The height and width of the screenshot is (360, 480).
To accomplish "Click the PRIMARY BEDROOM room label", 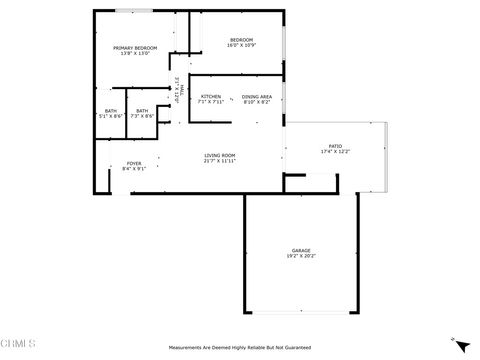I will [x=135, y=47].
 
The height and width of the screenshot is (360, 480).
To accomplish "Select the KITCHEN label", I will [x=211, y=96].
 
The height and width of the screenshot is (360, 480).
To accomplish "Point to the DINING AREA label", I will [x=257, y=96].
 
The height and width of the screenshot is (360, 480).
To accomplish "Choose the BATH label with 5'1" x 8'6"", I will [x=110, y=111].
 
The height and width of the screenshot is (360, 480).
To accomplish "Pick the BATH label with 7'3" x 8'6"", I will [x=142, y=111].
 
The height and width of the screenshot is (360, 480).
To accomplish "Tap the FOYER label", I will [x=133, y=163].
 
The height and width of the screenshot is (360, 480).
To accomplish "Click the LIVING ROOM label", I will [x=220, y=154].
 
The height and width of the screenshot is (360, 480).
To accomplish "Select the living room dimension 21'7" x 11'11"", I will [x=220, y=160].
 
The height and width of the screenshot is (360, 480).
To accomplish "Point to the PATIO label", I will [x=335, y=146].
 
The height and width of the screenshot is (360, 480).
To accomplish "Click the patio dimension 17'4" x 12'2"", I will [x=335, y=152].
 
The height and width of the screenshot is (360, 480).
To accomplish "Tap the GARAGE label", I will [x=300, y=250].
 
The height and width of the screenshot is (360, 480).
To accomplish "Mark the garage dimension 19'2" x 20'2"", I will [x=300, y=256].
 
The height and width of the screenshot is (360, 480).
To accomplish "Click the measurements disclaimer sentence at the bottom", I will [x=240, y=347].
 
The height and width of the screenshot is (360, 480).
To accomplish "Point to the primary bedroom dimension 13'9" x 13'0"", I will [x=135, y=53].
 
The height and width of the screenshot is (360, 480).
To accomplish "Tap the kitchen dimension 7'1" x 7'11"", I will [x=211, y=102].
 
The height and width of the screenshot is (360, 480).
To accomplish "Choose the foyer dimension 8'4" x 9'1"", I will [x=133, y=169].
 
